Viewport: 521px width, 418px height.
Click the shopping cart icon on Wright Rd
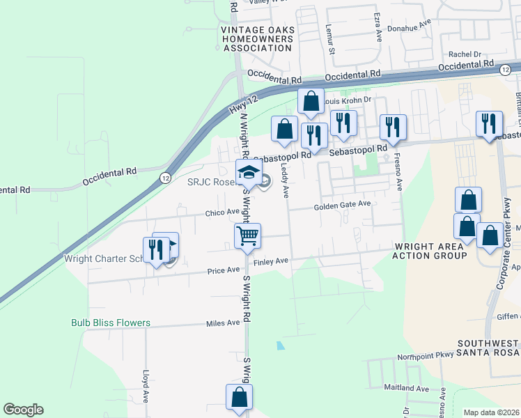(x=247, y=236)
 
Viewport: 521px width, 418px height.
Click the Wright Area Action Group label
(x=430, y=251)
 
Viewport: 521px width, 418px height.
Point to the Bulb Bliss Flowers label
(x=111, y=323)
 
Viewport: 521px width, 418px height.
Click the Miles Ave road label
(x=223, y=323)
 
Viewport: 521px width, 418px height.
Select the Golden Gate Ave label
(x=341, y=206)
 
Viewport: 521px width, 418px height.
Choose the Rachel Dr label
(x=465, y=54)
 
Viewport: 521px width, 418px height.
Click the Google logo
(x=23, y=410)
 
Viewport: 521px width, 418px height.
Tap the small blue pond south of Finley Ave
(x=280, y=345)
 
